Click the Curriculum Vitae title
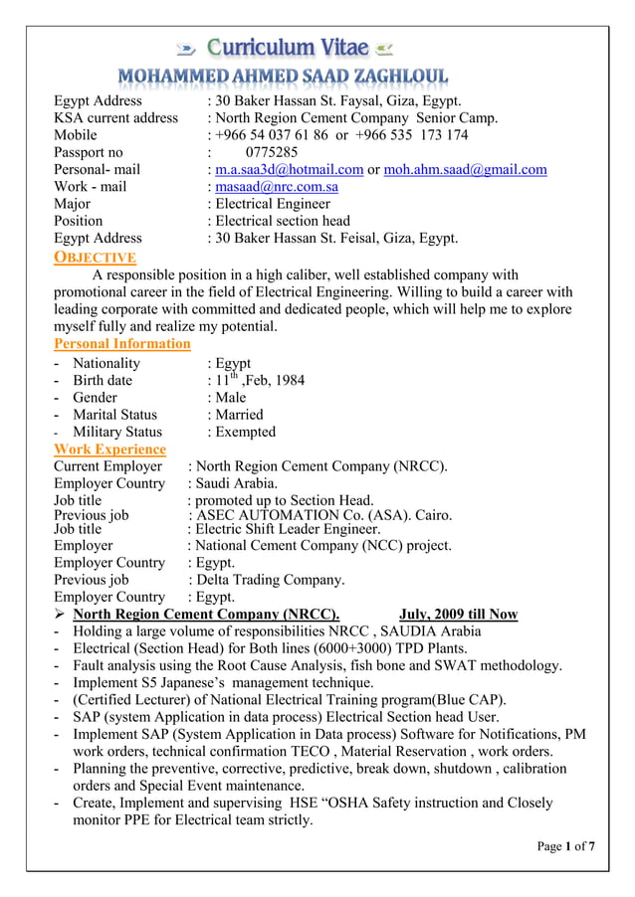pos(288,47)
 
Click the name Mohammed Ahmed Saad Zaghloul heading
pos(283,77)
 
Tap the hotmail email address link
pos(289,169)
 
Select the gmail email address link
pos(465,169)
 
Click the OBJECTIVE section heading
pos(95,257)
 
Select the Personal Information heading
pos(121,343)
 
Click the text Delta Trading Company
pos(271,579)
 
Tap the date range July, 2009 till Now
pos(458,614)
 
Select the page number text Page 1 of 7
pos(566,846)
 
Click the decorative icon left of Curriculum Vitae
pos(185,48)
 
